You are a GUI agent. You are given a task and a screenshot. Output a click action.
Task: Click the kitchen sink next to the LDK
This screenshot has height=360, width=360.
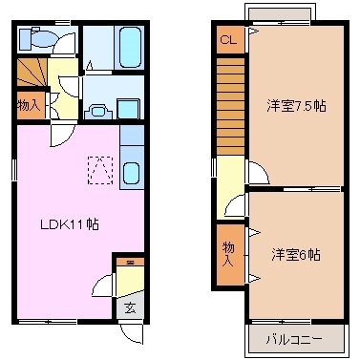tap(132, 175)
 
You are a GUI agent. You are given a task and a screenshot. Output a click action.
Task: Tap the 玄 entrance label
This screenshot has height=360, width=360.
tap(129, 307)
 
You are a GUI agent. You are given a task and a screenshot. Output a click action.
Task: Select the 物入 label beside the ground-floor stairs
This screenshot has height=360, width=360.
tap(29, 104)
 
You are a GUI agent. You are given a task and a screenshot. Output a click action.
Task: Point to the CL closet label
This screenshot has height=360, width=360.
tap(227, 40)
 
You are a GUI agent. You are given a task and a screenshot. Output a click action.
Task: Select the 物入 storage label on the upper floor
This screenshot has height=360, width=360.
tap(228, 253)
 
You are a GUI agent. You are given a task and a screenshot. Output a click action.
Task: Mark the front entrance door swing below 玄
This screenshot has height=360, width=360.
tap(132, 334)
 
